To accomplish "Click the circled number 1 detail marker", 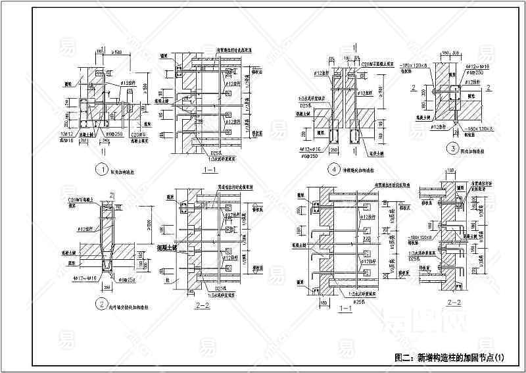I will (x=101, y=169).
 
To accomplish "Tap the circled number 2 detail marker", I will (x=101, y=305).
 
